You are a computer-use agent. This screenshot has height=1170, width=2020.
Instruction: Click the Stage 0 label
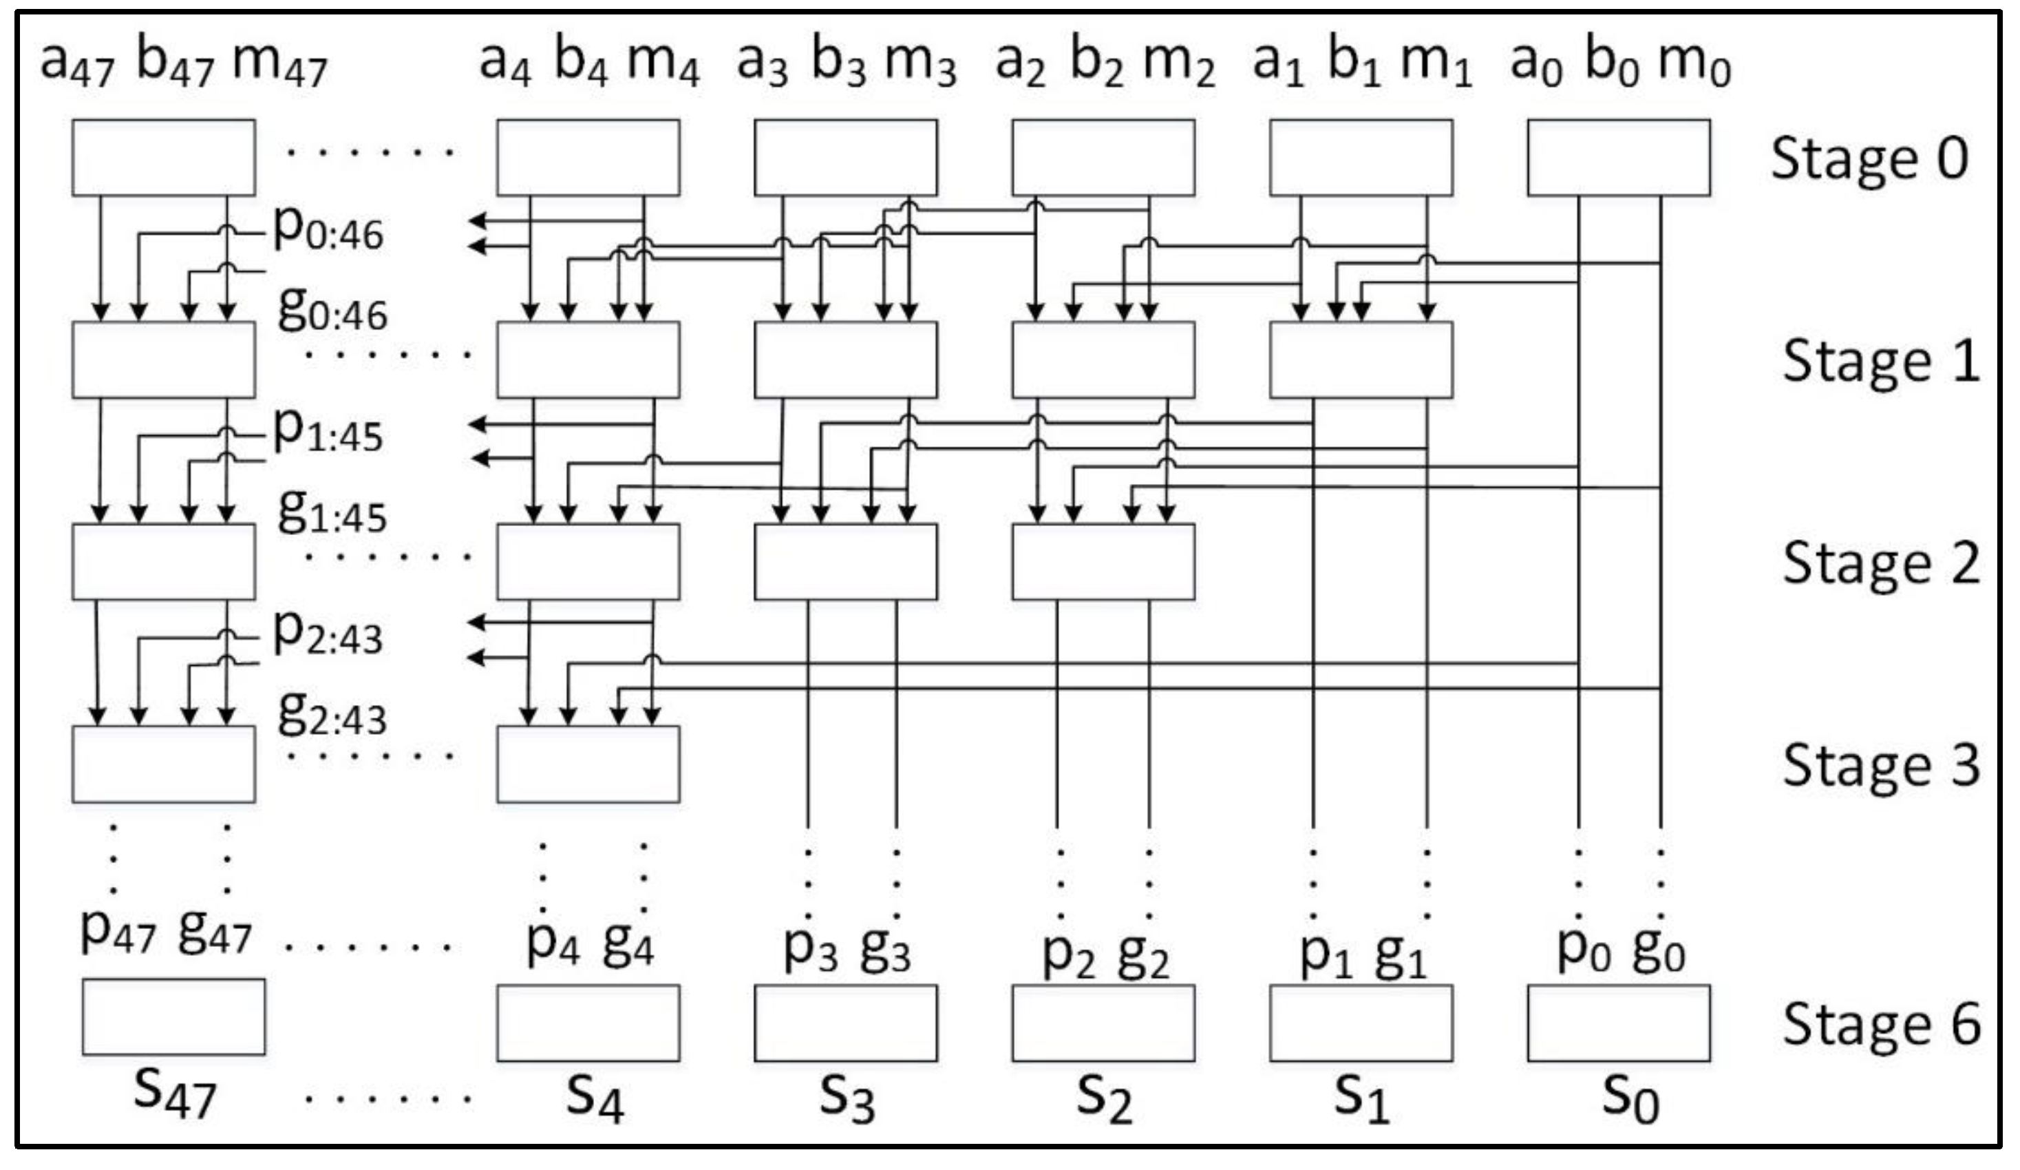1869,159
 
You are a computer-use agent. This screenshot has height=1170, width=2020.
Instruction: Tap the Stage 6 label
1880,1025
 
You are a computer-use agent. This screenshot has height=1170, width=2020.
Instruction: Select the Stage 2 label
1880,563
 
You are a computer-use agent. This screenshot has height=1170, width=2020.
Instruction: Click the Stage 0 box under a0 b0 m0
1618,158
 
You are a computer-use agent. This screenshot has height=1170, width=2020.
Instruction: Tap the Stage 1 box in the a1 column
1360,360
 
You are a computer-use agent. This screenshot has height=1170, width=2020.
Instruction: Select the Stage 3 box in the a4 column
588,764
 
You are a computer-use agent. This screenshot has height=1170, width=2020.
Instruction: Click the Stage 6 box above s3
845,1023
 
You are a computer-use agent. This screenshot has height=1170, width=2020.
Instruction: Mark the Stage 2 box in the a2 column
1103,562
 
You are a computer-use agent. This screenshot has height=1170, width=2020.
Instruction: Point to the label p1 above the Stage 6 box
1324,954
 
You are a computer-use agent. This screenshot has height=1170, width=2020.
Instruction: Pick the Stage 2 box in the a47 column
164,562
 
